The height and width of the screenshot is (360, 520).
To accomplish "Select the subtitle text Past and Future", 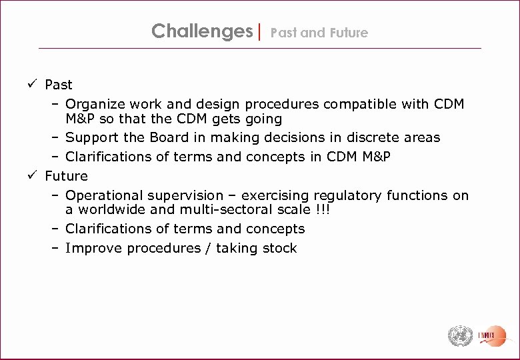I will click(319, 33).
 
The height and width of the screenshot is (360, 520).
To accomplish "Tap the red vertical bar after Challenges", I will click(260, 31).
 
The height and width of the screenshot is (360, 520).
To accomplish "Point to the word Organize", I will click(94, 105).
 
